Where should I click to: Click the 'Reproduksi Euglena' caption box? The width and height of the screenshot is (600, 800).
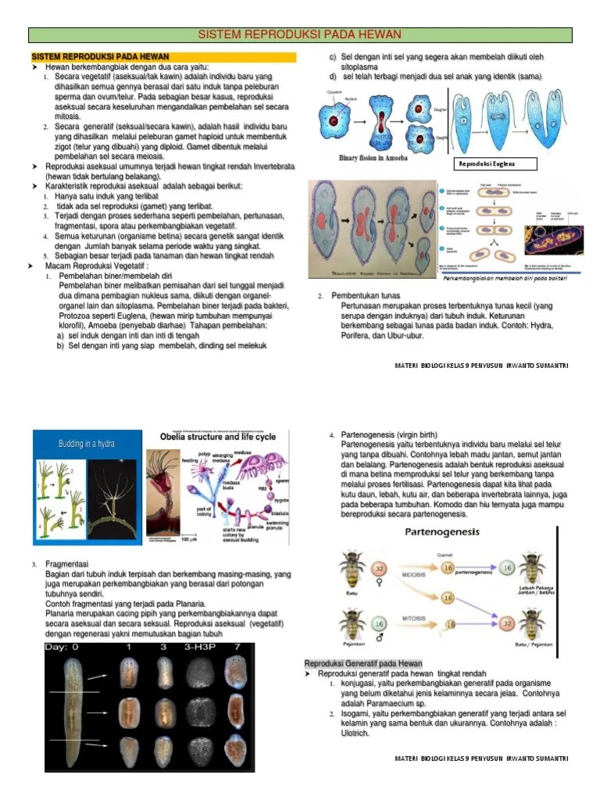(x=497, y=164)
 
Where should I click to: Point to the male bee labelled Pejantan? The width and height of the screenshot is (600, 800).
(x=352, y=624)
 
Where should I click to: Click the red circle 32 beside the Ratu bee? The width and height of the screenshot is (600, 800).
(x=380, y=570)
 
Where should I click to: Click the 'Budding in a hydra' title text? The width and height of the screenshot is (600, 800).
(x=85, y=444)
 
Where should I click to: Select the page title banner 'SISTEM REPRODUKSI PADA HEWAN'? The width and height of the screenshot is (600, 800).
(x=300, y=34)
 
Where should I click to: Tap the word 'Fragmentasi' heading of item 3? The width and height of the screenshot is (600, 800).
(x=66, y=564)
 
